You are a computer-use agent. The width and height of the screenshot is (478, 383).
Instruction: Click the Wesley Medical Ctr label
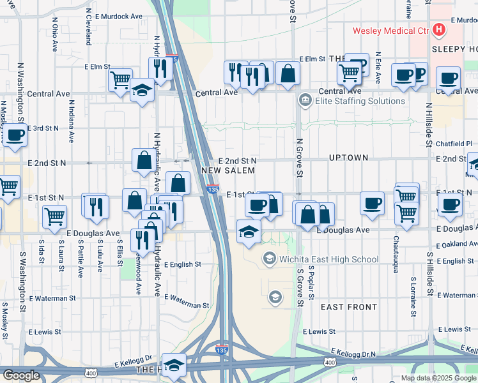click(391, 30)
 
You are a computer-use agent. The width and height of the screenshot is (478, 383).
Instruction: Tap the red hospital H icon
click(439, 29)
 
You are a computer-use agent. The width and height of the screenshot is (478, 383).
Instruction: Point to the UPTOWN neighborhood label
click(348, 157)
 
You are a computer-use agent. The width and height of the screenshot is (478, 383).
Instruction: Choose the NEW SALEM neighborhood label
click(228, 170)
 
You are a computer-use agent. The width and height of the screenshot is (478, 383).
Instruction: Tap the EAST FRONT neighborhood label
click(349, 307)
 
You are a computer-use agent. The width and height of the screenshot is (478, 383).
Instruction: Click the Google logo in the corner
click(21, 375)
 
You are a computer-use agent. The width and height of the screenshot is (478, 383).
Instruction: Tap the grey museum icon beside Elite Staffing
click(304, 100)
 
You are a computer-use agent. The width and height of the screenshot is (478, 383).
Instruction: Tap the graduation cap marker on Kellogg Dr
click(173, 365)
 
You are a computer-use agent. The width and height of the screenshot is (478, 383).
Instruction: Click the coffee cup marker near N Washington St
click(15, 135)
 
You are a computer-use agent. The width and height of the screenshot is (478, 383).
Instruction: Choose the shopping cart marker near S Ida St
click(55, 216)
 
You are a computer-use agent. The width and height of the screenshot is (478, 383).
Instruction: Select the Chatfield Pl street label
click(456, 144)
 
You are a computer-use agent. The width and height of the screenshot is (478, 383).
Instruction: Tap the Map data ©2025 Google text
click(438, 378)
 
